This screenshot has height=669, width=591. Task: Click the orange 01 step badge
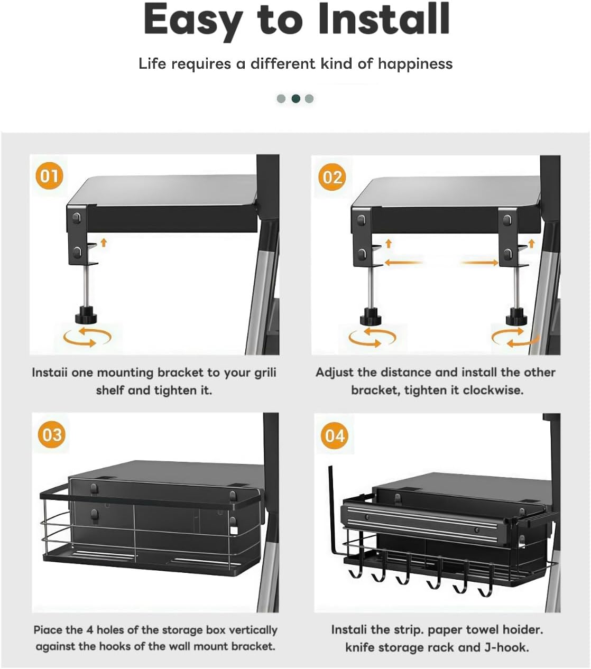(49, 175)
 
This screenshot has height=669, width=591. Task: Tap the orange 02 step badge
(332, 177)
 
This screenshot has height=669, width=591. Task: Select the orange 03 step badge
(52, 434)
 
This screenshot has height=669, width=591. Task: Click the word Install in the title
(384, 19)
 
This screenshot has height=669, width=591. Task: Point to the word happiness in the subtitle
(415, 63)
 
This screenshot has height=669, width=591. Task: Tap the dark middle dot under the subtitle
(295, 98)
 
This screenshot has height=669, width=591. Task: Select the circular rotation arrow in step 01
(88, 337)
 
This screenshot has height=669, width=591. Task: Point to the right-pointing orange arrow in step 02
(479, 263)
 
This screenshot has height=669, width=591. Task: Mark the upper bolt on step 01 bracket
(77, 218)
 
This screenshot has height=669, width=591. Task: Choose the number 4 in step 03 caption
(90, 630)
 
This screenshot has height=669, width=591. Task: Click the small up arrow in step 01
(104, 243)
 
